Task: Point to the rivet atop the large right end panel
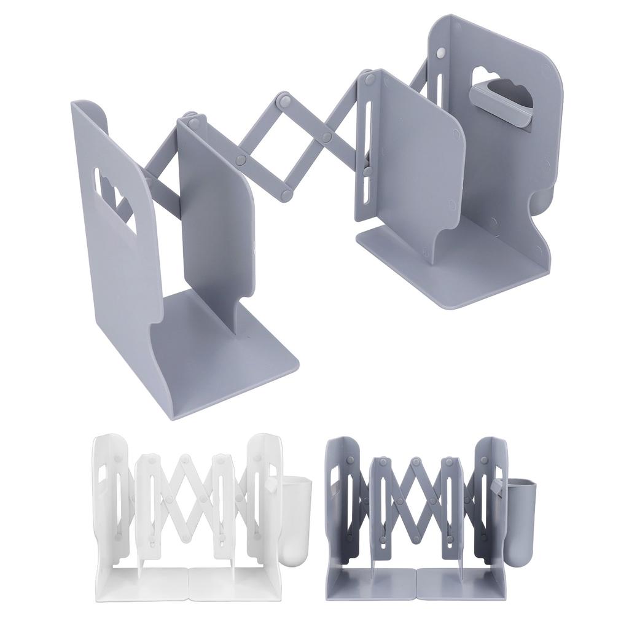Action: pyautogui.click(x=440, y=54)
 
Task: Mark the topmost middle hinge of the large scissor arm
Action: pyautogui.click(x=284, y=99)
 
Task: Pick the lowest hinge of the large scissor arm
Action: pyautogui.click(x=286, y=195)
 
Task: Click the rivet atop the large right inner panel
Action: pyautogui.click(x=369, y=79)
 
